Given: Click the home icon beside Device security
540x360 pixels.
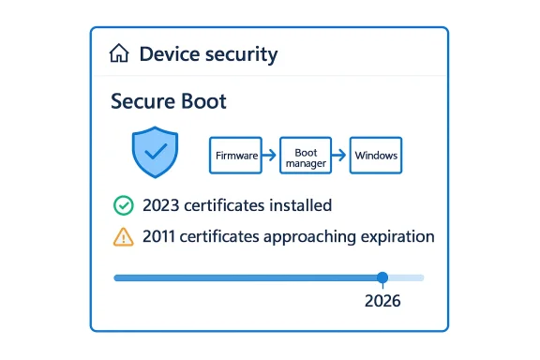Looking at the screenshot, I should point(119,54).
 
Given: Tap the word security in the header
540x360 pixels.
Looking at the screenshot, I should point(243,55).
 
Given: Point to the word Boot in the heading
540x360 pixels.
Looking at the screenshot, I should point(205,101).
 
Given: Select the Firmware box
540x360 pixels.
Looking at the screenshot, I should point(235,155).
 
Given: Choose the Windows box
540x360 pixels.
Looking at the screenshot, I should point(375,155).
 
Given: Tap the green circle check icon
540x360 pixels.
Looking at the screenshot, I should point(123,205).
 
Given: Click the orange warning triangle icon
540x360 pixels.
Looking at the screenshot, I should point(123,237).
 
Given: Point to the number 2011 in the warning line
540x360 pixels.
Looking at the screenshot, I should point(161,237).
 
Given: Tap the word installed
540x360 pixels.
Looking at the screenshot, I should point(299,205).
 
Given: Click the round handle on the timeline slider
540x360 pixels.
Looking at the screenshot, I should point(382,277).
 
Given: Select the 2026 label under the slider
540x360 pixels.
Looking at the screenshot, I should point(382,302).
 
